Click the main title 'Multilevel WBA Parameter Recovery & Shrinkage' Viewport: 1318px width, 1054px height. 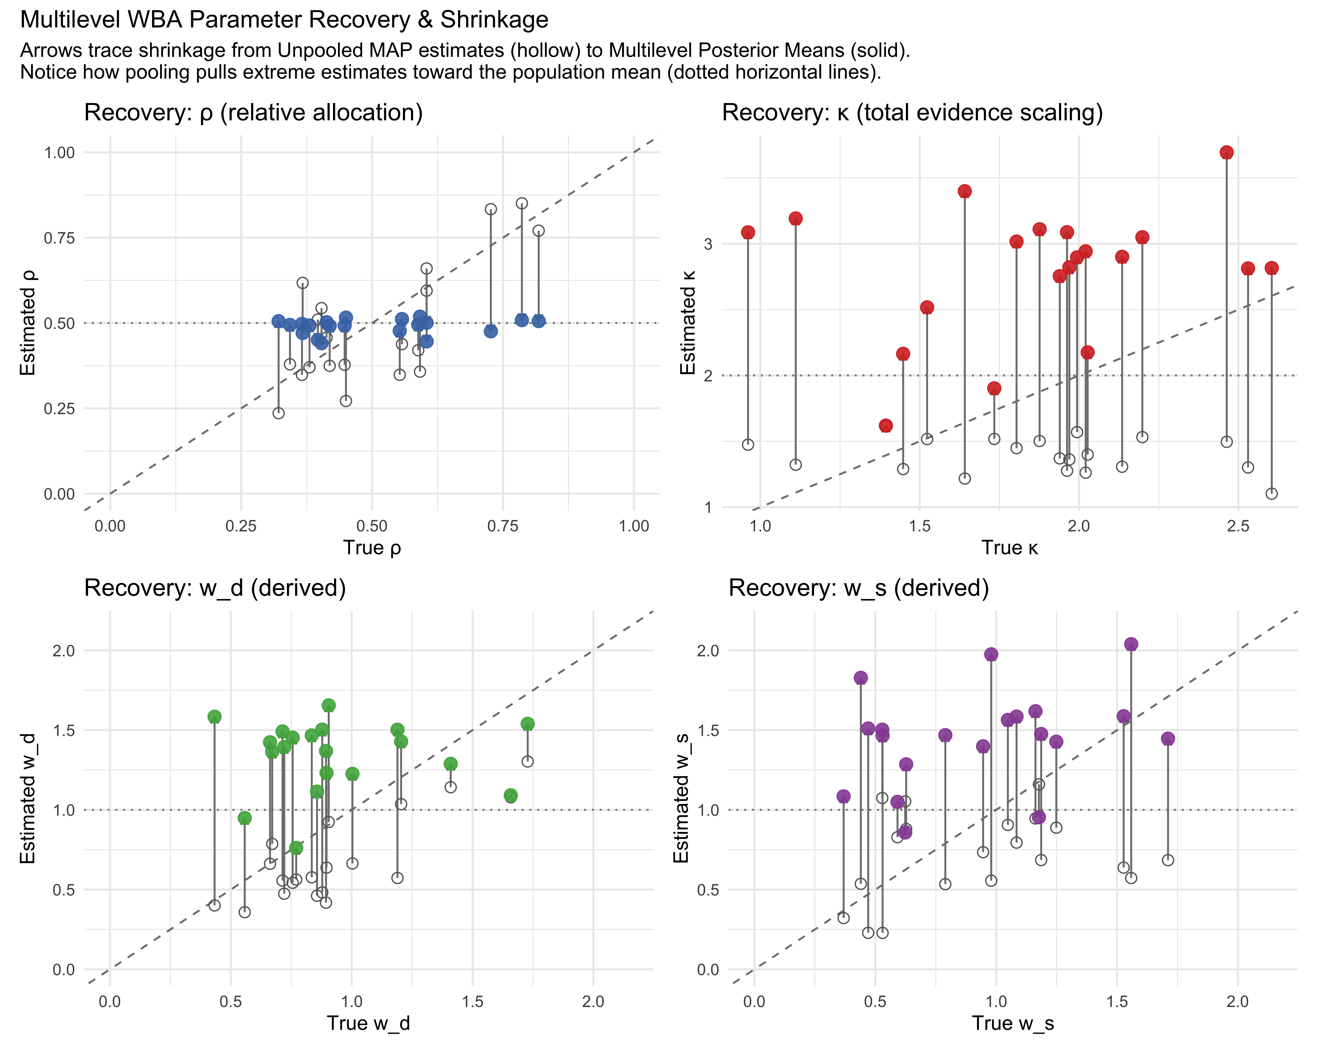pyautogui.click(x=284, y=20)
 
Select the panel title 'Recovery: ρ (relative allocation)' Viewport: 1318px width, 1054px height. pyautogui.click(x=254, y=113)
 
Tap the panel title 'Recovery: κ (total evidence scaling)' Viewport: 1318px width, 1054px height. pyautogui.click(x=913, y=113)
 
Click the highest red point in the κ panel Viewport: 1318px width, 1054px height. pyautogui.click(x=1226, y=153)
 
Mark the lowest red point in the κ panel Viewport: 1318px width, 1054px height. pyautogui.click(x=886, y=426)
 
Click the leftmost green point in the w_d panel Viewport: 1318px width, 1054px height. pyautogui.click(x=215, y=717)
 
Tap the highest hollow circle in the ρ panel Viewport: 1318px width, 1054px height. pyautogui.click(x=521, y=204)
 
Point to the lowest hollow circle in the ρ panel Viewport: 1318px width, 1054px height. pyautogui.click(x=278, y=413)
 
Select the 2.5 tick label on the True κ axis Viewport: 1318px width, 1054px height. pyautogui.click(x=1238, y=526)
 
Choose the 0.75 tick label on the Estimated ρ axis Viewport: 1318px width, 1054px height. pyautogui.click(x=59, y=238)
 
